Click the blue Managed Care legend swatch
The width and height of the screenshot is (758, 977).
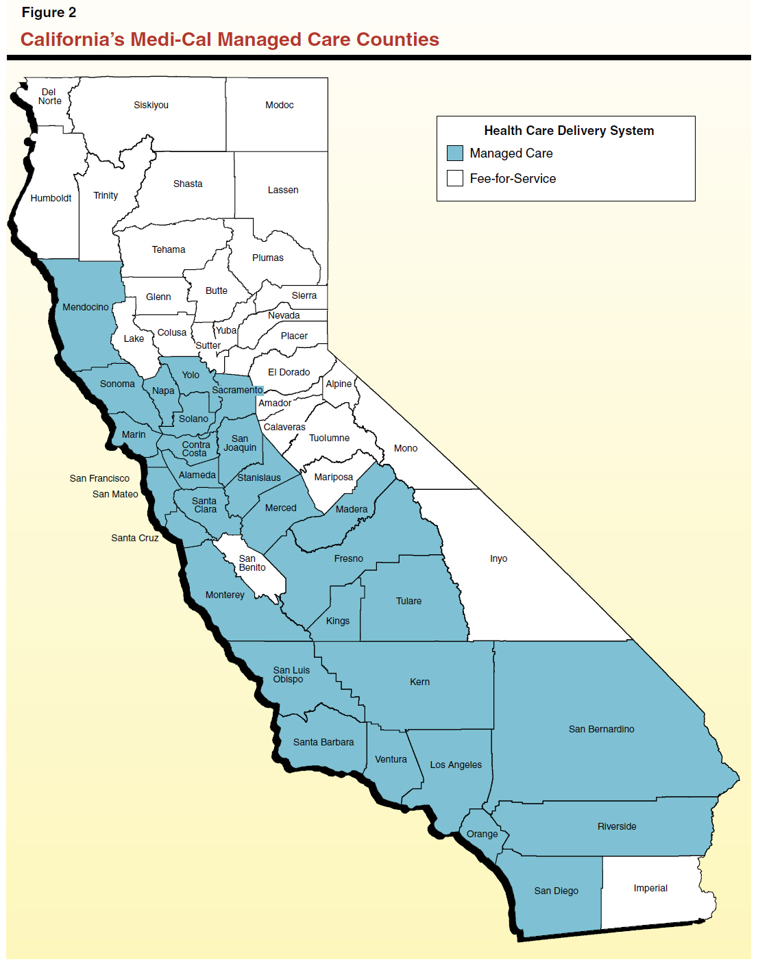454,153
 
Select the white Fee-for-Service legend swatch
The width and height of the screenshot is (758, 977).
454,178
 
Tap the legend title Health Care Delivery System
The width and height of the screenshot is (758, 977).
568,131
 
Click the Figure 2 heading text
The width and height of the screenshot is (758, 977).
49,12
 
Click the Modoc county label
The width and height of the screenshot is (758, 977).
279,105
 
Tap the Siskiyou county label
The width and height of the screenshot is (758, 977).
151,105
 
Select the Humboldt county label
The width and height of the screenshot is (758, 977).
51,198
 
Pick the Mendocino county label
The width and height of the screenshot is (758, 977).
85,307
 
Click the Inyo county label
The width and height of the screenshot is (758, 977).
498,558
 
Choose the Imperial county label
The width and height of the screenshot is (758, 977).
650,888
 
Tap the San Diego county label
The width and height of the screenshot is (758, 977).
556,891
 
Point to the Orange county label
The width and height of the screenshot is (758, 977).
482,834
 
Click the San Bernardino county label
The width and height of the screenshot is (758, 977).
601,729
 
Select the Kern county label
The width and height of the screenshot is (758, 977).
419,682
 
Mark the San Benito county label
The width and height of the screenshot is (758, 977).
252,563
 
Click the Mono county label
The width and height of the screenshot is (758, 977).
405,448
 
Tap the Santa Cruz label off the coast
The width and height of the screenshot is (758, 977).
134,538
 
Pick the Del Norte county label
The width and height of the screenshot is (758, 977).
49,97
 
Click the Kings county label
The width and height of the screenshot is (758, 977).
337,621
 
